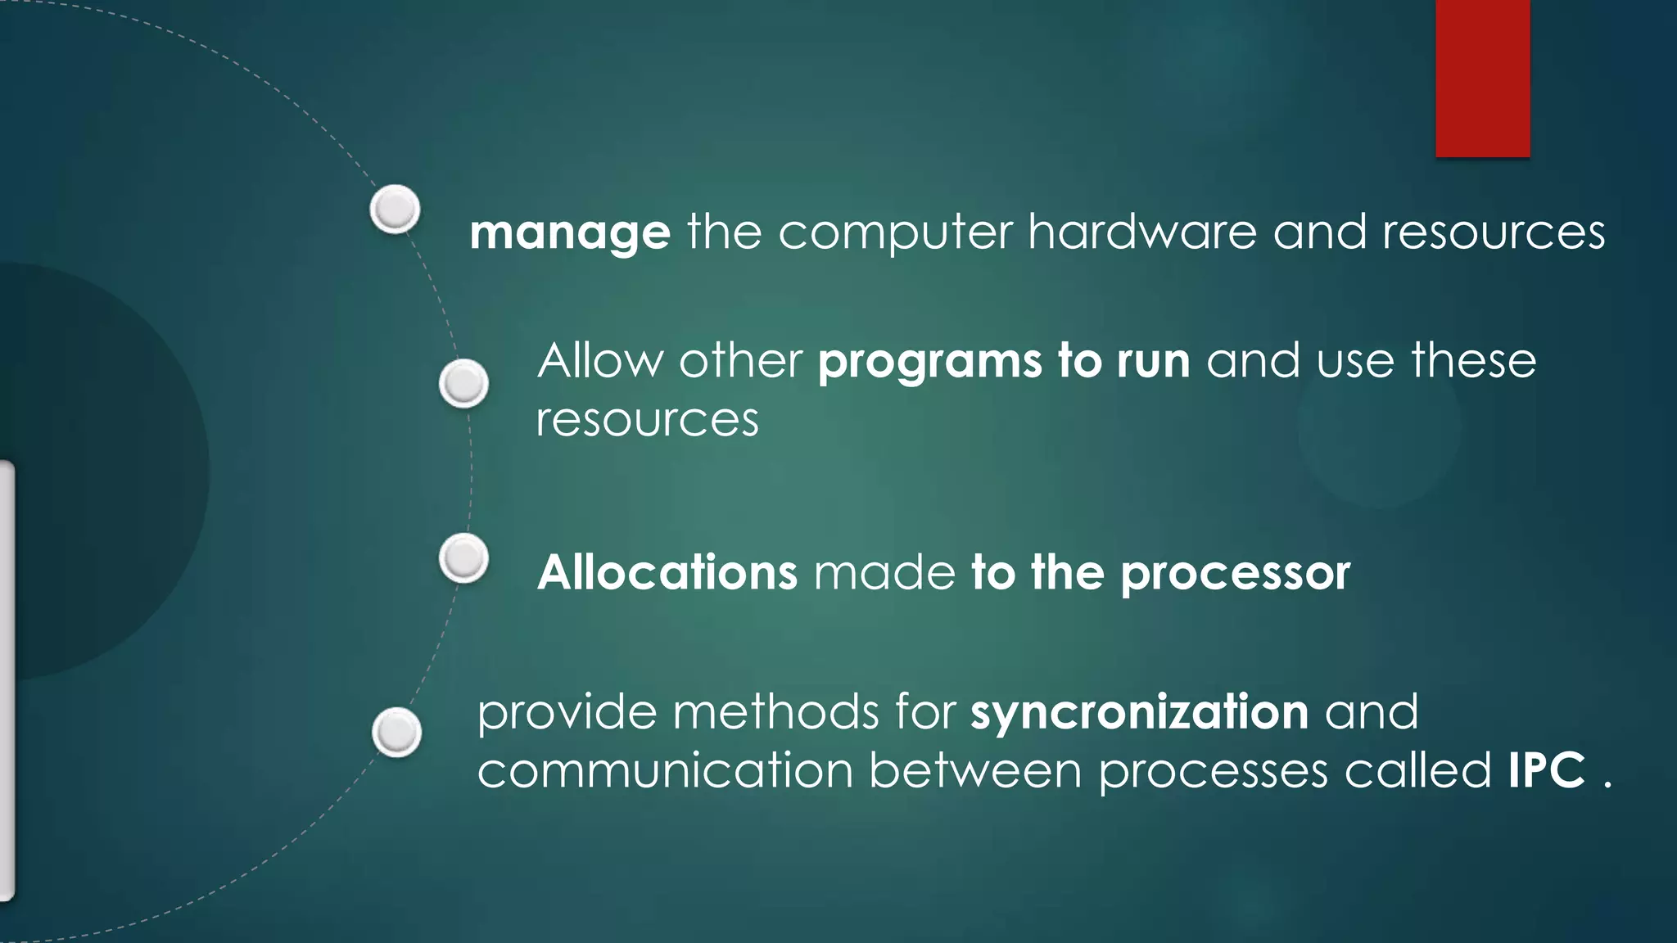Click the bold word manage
coord(570,233)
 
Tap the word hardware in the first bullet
coord(1142,232)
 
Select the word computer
coord(895,233)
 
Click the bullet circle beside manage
coord(396,209)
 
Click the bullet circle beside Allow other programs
coord(463,383)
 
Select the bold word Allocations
coord(667,572)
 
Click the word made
coord(884,572)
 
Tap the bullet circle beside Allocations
coord(463,558)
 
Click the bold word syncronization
coord(1139,712)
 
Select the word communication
coord(665,771)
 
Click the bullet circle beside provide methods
coord(397,732)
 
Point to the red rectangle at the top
coord(1482,78)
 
